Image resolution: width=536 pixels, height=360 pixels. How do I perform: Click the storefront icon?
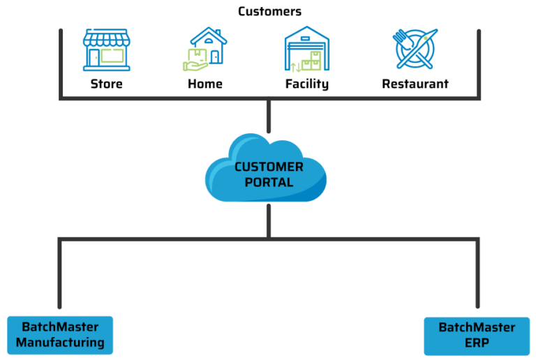[x=106, y=50]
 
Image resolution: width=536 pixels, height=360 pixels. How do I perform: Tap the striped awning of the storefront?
[x=106, y=38]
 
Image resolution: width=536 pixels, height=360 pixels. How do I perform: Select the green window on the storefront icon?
[x=112, y=56]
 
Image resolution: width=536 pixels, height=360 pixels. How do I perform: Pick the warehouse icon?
[x=307, y=49]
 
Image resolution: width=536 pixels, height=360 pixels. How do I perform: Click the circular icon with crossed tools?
[x=415, y=49]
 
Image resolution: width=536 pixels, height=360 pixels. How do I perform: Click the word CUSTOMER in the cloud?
[x=269, y=167]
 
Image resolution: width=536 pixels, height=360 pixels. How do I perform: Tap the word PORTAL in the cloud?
[x=269, y=182]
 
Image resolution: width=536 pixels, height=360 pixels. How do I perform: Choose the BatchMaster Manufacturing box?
[x=60, y=335]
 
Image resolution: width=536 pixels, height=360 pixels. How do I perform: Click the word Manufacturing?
[x=60, y=343]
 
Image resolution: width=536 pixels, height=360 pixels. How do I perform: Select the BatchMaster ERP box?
[x=477, y=336]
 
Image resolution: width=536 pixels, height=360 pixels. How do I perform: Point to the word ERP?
[x=477, y=343]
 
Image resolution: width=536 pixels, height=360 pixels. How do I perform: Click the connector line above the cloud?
[x=268, y=115]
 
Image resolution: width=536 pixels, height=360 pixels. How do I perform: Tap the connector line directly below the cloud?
[x=268, y=220]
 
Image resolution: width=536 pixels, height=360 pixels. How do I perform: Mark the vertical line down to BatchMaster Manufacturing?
[x=60, y=276]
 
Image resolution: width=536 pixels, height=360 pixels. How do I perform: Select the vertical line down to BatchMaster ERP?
[x=477, y=276]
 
